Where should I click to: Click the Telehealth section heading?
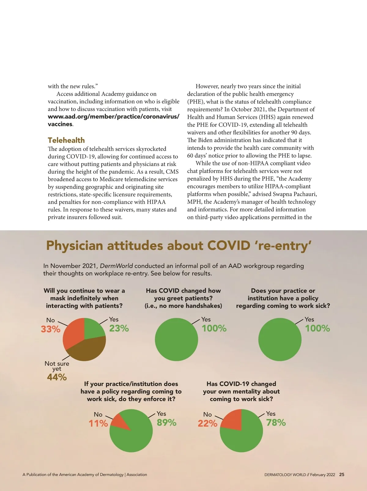(66, 140)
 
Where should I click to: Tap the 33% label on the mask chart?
(51, 329)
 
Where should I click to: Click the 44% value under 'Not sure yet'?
(57, 377)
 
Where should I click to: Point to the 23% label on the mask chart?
(119, 328)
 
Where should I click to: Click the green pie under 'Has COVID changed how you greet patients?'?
(176, 339)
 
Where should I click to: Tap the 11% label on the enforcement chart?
(98, 423)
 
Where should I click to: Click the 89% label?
(167, 423)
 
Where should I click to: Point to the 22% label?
(207, 423)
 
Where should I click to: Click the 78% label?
(276, 423)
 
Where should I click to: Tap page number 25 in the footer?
(342, 474)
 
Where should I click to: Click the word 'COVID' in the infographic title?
(229, 245)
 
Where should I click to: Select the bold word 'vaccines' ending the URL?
(60, 124)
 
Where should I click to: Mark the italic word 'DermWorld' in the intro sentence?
(117, 266)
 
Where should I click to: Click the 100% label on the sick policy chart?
(317, 328)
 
